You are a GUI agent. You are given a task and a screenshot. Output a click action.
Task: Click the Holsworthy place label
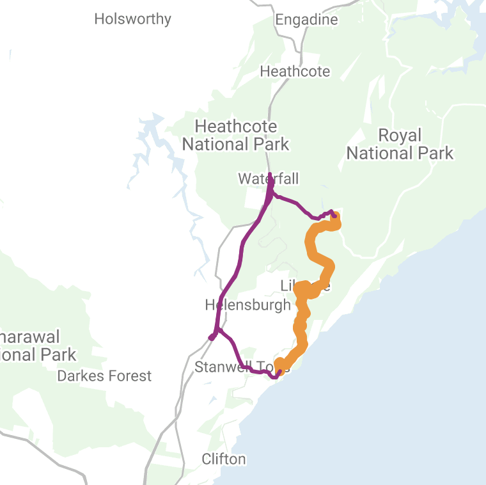(x=132, y=19)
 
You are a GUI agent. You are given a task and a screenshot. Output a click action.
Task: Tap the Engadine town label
(x=306, y=20)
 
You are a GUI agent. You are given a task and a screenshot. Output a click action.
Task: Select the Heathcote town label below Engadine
(x=295, y=71)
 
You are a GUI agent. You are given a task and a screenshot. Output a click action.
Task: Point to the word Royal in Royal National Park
(x=400, y=135)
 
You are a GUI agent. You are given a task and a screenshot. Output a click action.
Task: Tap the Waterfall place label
(x=268, y=178)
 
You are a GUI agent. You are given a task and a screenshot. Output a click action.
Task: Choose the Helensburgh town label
(x=247, y=305)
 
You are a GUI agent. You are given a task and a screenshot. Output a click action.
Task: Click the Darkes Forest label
(x=104, y=376)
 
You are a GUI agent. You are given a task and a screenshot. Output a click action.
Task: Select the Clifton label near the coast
(x=223, y=459)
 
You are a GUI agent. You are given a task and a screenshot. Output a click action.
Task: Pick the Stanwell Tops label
(x=237, y=367)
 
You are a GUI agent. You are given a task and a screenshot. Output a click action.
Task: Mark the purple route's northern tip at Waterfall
(x=270, y=174)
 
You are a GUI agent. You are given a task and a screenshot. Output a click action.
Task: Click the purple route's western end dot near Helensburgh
(x=212, y=337)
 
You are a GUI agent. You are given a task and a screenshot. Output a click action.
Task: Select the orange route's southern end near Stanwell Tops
(x=279, y=366)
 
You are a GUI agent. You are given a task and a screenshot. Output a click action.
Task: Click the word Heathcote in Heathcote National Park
(x=235, y=126)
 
